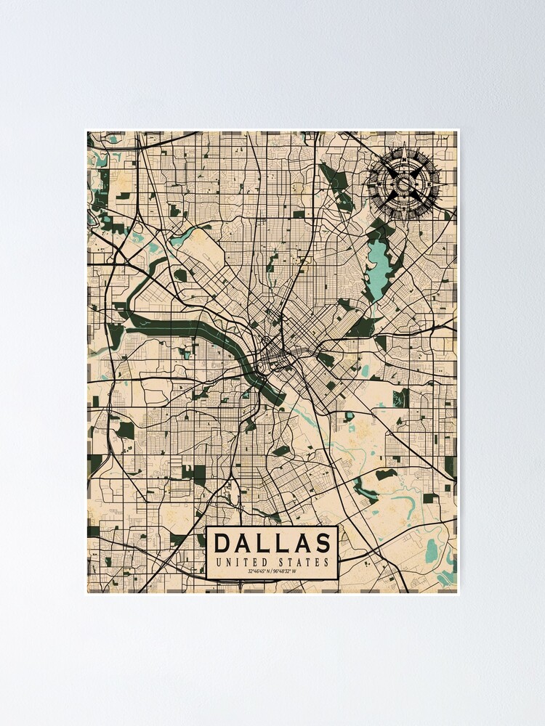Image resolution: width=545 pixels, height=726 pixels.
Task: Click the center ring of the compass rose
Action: point(403,184)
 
